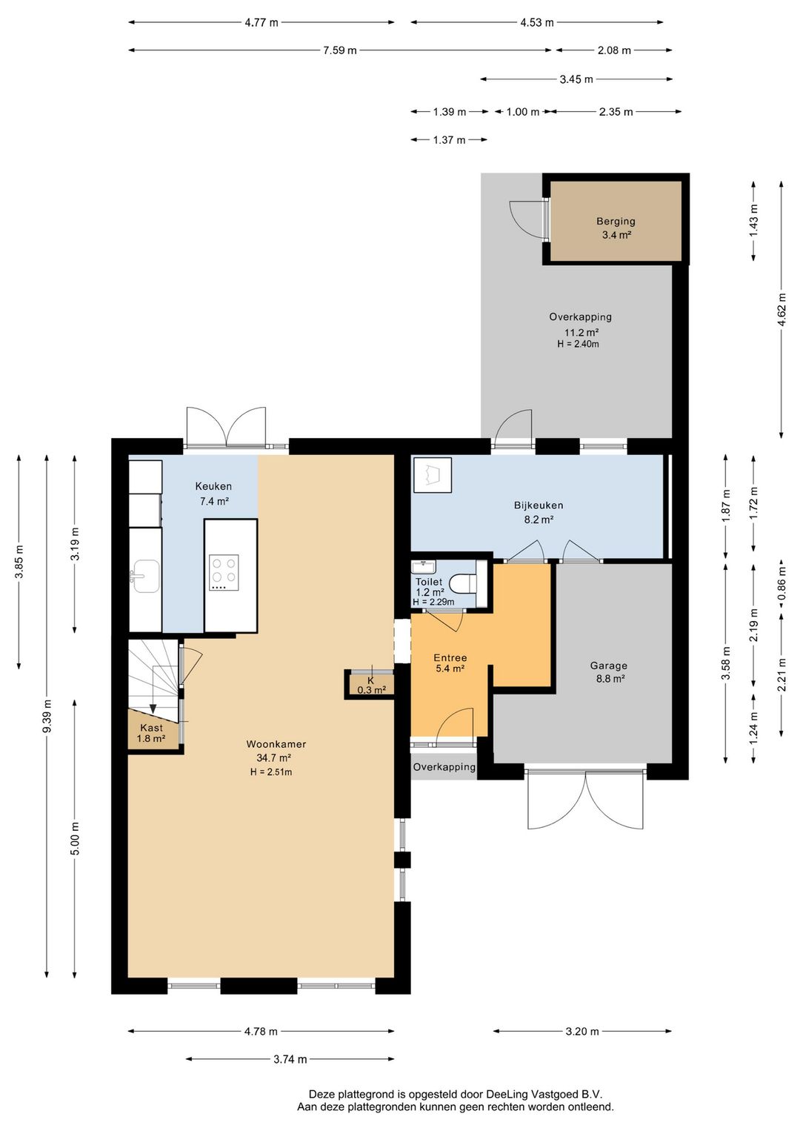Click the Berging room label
click(616, 221)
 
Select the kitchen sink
click(146, 576)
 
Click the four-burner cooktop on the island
click(224, 573)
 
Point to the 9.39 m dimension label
click(47, 717)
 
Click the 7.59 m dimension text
click(340, 50)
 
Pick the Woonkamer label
click(276, 743)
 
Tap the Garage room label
click(609, 666)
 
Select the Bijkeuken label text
click(539, 505)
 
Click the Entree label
click(450, 658)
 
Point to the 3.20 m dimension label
click(582, 1032)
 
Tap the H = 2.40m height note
click(578, 345)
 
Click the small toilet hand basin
click(424, 567)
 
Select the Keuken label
click(213, 486)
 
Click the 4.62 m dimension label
click(781, 310)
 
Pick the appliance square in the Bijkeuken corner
click(433, 474)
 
